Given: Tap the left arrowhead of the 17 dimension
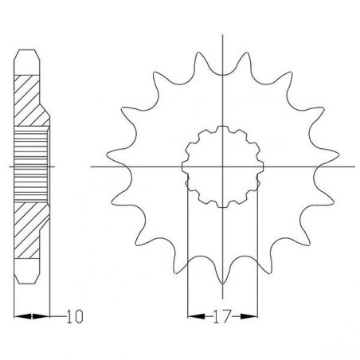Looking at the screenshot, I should (192, 316).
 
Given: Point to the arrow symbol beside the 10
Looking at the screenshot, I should (33, 316).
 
